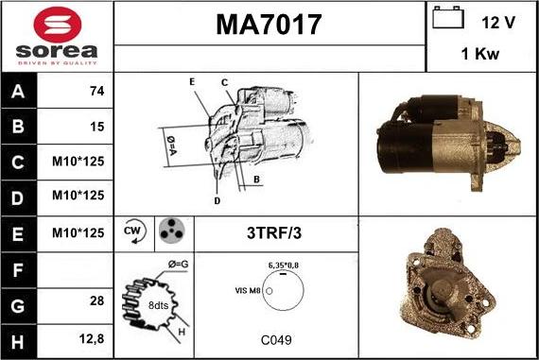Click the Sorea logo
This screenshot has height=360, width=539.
coord(56,36)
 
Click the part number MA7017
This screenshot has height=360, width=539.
coord(269,24)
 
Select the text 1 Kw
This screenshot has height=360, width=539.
coord(480,55)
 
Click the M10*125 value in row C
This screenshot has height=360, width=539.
coord(77,162)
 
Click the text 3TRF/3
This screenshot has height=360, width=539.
coord(273,232)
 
